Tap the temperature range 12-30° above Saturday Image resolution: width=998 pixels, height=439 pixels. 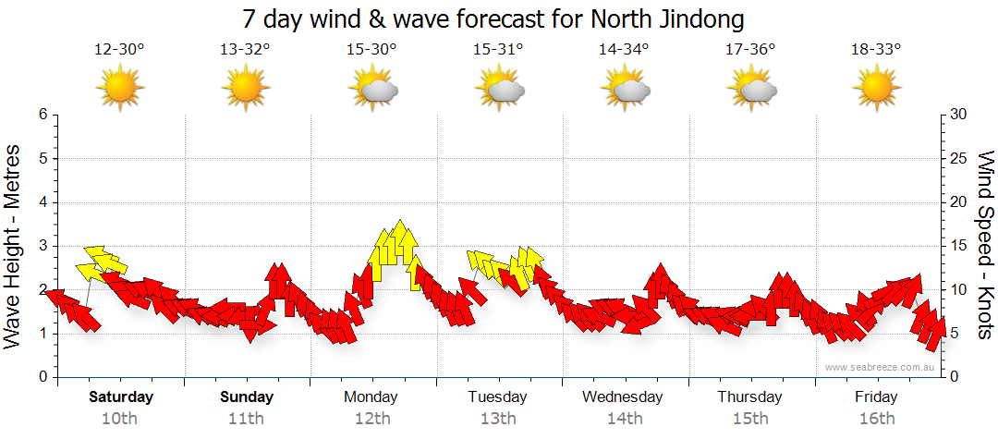119,50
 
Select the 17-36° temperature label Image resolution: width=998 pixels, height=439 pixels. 749,50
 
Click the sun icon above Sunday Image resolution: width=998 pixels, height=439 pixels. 245,88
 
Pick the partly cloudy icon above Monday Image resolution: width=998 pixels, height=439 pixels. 372,89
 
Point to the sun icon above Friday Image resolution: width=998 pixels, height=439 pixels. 876,88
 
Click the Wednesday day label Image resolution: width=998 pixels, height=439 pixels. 623,397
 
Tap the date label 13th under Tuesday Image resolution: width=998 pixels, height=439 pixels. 497,419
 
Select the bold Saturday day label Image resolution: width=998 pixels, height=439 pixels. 121,397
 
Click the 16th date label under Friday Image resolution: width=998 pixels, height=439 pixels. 876,419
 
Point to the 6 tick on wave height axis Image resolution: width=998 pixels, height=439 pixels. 42,115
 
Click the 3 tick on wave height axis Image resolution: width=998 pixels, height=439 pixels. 42,246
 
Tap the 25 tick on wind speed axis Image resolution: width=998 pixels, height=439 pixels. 958,158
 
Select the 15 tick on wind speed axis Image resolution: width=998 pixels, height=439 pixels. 958,246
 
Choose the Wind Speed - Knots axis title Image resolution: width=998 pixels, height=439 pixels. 983,245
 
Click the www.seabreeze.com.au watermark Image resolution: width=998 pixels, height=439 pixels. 881,367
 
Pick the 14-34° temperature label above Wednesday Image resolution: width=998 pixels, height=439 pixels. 623,50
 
